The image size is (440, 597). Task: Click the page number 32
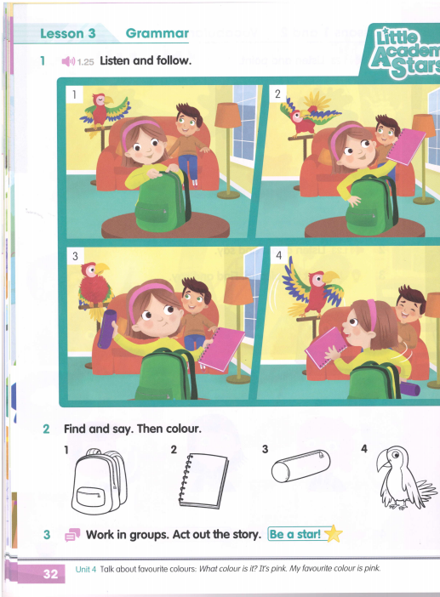[50, 573]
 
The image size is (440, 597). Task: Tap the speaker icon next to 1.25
[68, 61]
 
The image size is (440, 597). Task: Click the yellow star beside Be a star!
[333, 533]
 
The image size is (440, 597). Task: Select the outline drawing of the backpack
[100, 481]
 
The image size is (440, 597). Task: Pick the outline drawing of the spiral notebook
[203, 480]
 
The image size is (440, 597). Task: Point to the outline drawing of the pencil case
[300, 466]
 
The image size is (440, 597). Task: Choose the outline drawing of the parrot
[404, 478]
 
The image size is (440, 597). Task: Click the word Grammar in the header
[157, 33]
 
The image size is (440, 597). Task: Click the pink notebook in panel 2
[406, 146]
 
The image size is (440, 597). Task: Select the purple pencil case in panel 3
[106, 329]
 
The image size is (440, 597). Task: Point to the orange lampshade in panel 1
[228, 115]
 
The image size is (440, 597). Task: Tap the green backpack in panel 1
[163, 201]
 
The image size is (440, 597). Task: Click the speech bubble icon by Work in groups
[72, 535]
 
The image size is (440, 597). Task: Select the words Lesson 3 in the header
[68, 33]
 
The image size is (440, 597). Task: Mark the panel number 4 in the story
[278, 255]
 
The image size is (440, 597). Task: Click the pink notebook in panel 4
[326, 347]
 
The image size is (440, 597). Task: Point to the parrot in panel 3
[94, 290]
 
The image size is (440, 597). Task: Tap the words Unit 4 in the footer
[86, 569]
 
